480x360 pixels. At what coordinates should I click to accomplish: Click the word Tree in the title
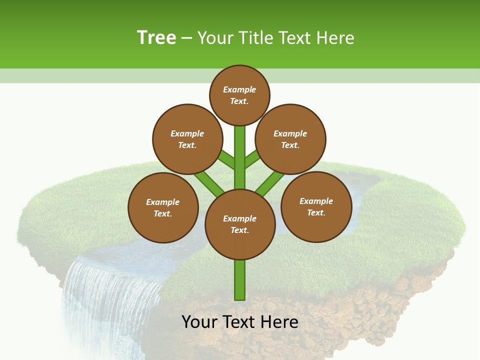click(x=156, y=37)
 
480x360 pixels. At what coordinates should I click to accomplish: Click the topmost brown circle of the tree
click(x=239, y=95)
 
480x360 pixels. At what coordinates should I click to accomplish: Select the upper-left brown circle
click(x=187, y=139)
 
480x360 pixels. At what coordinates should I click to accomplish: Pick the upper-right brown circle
click(x=290, y=139)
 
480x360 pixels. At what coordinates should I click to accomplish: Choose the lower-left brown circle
click(x=163, y=207)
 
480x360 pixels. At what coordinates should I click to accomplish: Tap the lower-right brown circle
click(x=316, y=206)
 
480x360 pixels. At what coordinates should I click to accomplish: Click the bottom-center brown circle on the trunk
click(x=240, y=224)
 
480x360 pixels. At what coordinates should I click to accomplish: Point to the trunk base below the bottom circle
click(x=240, y=280)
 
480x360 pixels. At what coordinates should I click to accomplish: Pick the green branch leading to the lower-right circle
click(x=270, y=182)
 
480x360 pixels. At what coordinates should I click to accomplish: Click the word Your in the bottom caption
click(x=200, y=322)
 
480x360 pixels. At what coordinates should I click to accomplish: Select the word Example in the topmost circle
click(x=239, y=89)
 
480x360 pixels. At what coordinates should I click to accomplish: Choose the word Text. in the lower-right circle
click(x=316, y=212)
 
